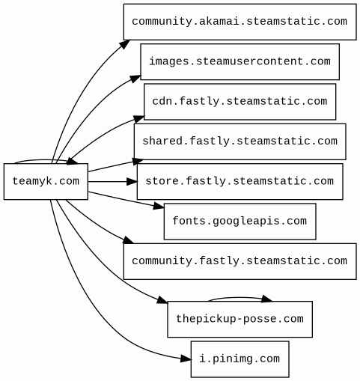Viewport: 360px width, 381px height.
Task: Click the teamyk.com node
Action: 46,181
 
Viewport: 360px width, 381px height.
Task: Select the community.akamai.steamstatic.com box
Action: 240,22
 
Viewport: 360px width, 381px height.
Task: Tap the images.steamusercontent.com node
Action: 240,61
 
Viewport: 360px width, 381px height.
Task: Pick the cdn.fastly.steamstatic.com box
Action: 240,102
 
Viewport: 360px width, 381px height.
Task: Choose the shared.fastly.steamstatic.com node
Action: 240,141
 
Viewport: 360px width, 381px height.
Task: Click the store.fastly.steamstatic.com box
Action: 240,181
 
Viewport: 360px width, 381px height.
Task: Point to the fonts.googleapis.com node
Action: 240,222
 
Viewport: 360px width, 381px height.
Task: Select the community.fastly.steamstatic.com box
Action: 240,261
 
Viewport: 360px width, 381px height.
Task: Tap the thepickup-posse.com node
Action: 240,319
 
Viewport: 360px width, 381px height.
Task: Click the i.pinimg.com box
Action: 240,359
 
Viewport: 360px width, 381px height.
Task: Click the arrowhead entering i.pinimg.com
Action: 186,359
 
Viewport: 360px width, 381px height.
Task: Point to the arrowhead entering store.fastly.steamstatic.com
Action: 132,181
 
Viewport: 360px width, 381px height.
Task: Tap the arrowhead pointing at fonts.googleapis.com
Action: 159,206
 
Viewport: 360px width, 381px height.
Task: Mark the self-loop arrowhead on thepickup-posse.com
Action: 266,299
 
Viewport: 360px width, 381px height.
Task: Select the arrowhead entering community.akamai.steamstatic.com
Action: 125,44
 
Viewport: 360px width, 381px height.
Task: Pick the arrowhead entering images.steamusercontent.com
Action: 135,79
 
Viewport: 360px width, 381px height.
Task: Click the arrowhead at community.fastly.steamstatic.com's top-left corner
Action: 129,240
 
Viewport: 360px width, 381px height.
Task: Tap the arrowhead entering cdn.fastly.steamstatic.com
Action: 138,118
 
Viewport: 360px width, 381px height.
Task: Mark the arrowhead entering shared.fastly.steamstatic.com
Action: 138,162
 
